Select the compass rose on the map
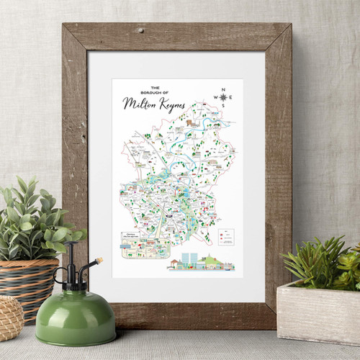[x=223, y=97]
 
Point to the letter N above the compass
[x=223, y=89]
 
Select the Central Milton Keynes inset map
[x=140, y=245]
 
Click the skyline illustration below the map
[x=201, y=263]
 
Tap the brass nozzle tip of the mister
[x=99, y=261]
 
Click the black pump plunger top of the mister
[x=71, y=248]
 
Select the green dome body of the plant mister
[x=75, y=321]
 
